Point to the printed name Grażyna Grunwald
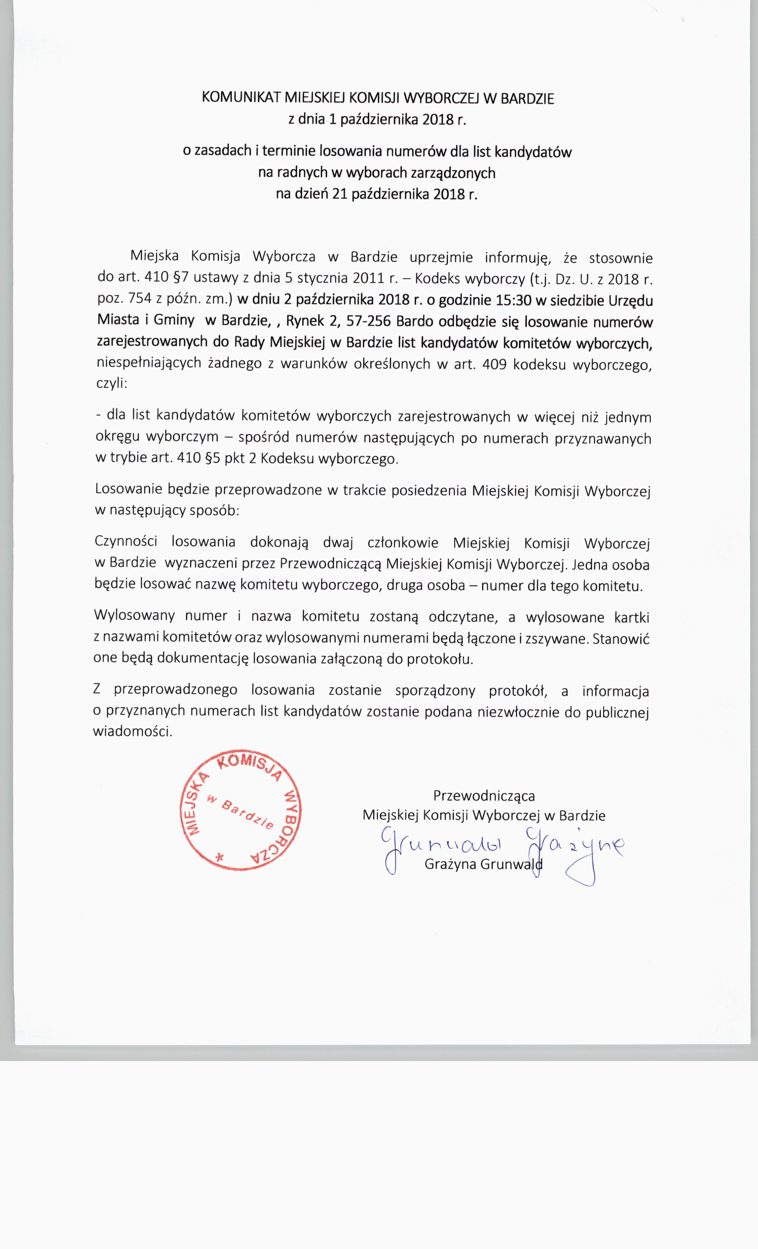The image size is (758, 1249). pos(483,864)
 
